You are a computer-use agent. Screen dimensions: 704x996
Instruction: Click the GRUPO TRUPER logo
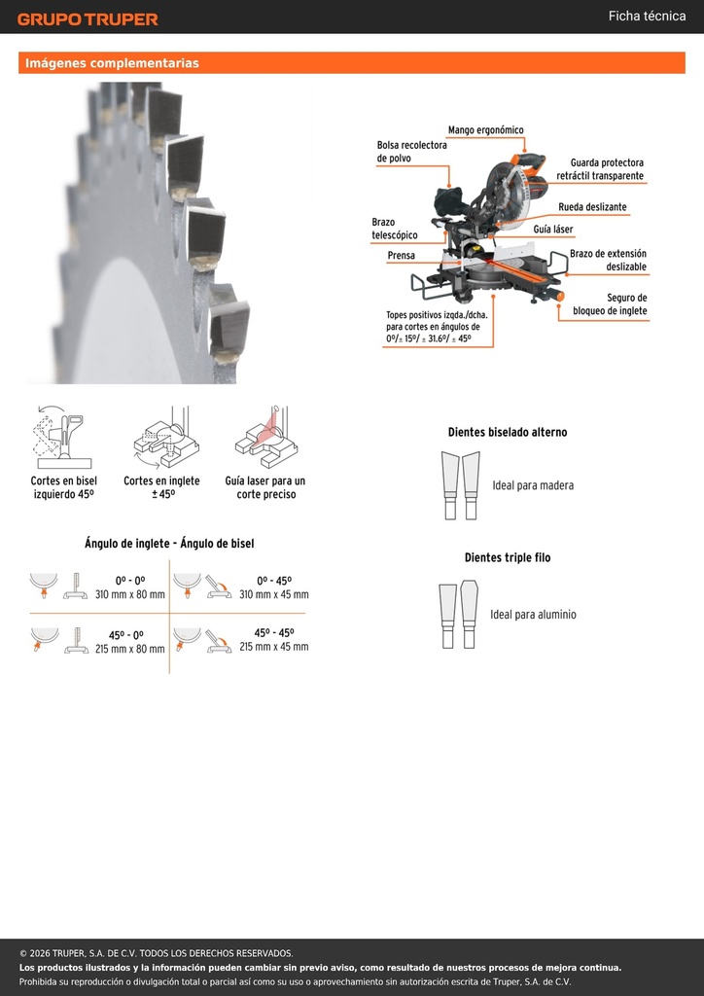(88, 19)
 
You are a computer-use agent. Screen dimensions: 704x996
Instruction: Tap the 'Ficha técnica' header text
(647, 16)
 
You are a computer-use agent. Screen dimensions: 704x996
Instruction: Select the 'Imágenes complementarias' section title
(112, 63)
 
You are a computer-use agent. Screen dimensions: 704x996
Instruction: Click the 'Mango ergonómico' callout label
(485, 130)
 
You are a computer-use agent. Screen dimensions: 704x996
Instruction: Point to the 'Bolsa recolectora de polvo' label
(412, 152)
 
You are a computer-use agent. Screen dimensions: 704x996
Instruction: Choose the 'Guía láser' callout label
(553, 230)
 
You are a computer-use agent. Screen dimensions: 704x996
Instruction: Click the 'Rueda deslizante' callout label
(592, 207)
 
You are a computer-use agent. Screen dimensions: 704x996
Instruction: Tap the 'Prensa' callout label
(402, 256)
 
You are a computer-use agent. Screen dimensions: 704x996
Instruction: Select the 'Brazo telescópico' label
(394, 229)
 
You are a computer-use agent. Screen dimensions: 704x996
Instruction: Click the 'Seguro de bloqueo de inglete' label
(610, 304)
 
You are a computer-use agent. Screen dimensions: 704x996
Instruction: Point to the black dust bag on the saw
(451, 202)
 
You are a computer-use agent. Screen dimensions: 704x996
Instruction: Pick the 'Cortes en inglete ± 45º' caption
(161, 487)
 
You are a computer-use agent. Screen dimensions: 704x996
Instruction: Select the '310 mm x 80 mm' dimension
(130, 595)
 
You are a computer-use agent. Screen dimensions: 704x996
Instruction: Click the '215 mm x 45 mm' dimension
(274, 647)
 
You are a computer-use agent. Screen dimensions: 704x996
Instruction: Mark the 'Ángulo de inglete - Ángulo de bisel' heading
(169, 544)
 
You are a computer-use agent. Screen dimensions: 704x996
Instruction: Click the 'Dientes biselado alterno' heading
(508, 432)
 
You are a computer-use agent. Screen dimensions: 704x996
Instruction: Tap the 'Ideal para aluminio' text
(533, 615)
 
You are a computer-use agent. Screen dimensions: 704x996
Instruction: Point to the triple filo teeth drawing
(458, 615)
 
